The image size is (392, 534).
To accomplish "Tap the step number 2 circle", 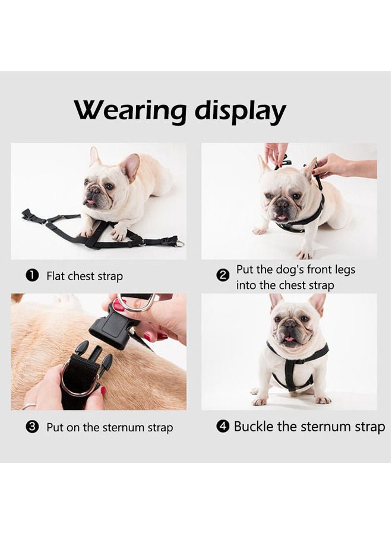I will [223, 275].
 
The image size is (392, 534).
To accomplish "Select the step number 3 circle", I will [33, 427].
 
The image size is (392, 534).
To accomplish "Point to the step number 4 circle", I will [223, 427].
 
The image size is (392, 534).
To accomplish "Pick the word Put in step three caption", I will [55, 427].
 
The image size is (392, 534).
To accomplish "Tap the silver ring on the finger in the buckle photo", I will [29, 406].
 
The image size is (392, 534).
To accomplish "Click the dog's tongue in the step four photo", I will [290, 339].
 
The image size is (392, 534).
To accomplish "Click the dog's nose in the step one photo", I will [93, 191].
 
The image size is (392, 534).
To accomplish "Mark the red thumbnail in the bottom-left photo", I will [103, 391].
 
